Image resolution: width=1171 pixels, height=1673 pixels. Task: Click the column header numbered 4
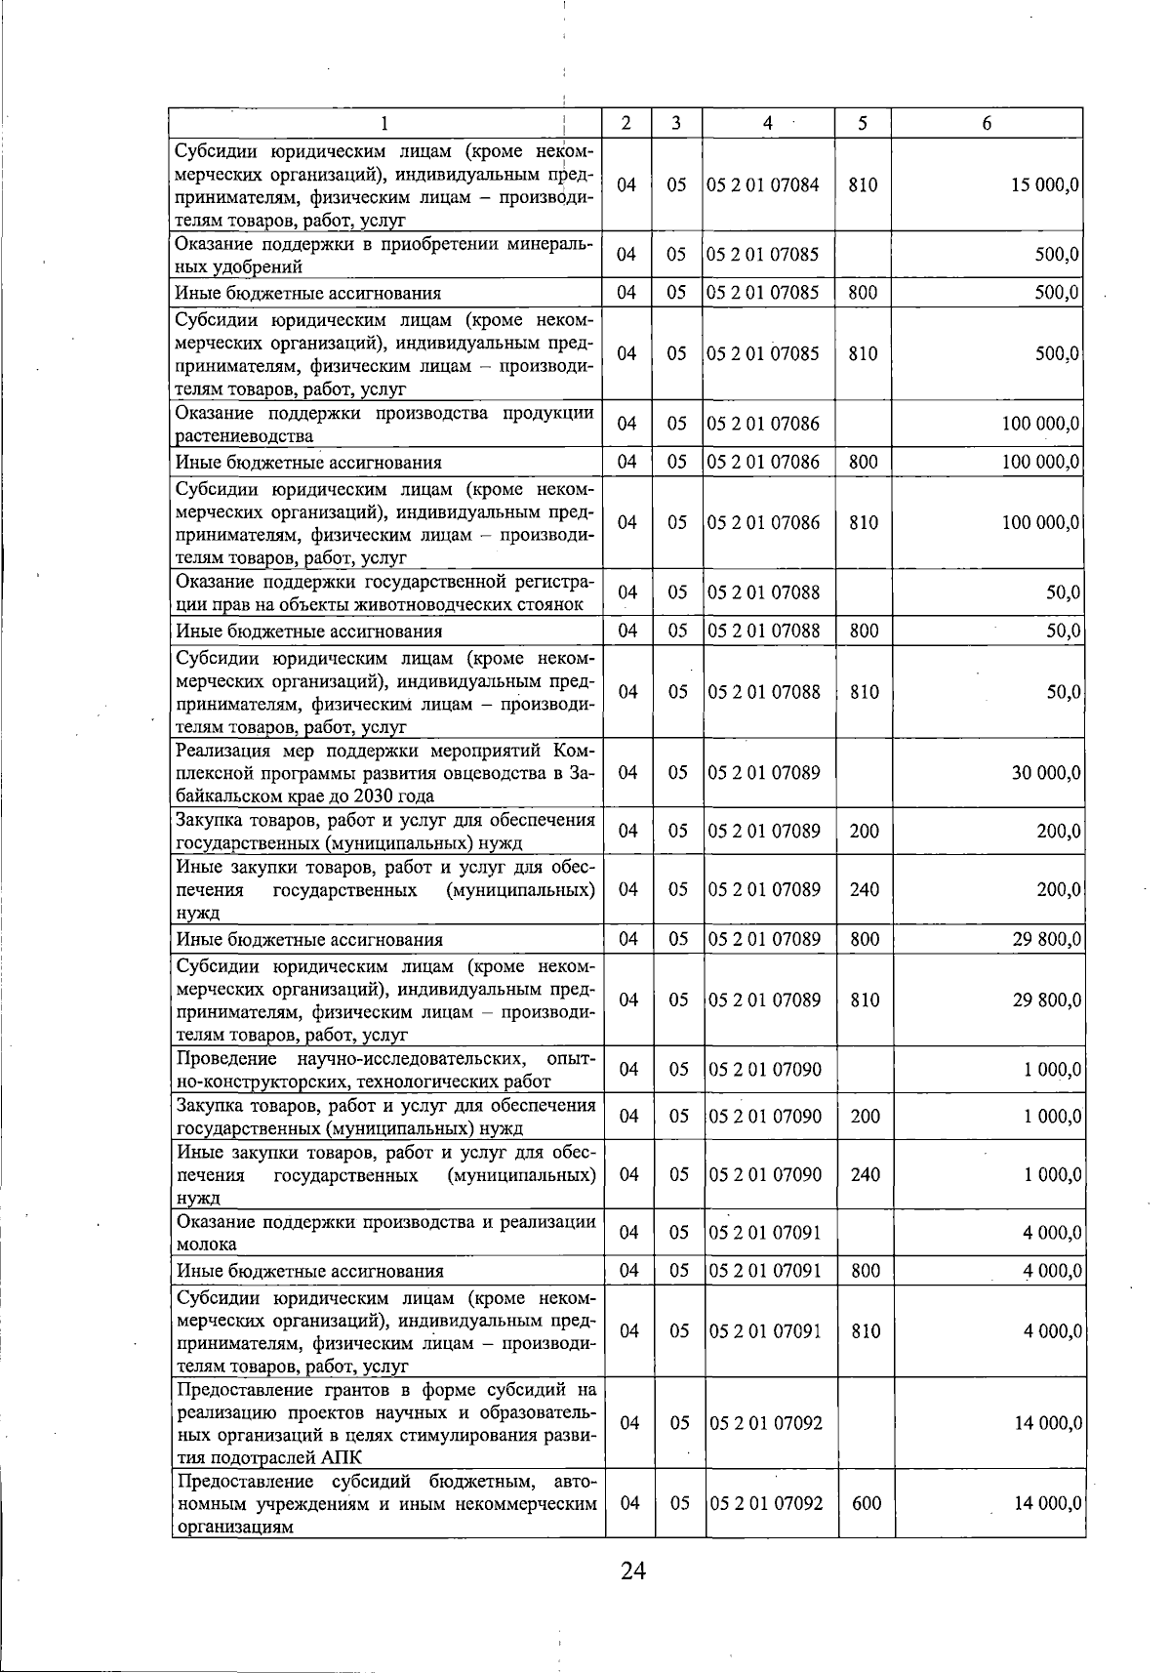768,123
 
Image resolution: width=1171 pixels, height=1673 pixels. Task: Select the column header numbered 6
987,123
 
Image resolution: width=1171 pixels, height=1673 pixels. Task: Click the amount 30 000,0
1045,773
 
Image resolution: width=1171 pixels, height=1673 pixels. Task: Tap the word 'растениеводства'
244,436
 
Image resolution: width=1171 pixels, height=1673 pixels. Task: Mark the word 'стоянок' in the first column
552,604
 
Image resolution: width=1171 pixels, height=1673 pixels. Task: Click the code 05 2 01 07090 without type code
765,1070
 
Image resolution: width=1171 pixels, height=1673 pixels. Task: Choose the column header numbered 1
384,123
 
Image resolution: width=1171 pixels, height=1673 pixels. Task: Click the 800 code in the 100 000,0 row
864,462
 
